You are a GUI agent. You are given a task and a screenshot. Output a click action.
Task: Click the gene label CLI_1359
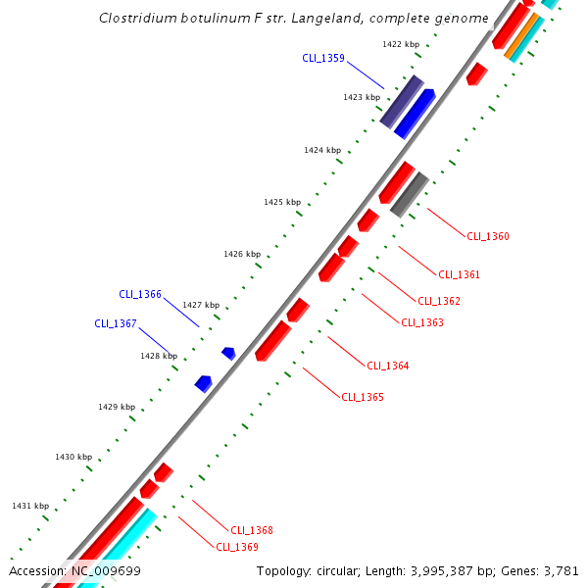click(322, 58)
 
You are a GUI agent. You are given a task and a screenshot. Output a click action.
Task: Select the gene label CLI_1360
click(487, 236)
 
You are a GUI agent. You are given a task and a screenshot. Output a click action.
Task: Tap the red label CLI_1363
click(421, 322)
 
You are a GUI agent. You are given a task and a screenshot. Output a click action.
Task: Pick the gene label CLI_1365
click(362, 397)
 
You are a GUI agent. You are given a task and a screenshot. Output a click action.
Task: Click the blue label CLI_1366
click(140, 294)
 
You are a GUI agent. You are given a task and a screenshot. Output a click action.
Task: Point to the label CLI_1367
click(116, 323)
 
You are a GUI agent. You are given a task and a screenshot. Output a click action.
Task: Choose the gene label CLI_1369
click(236, 547)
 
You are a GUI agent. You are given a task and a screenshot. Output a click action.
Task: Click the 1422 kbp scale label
click(400, 44)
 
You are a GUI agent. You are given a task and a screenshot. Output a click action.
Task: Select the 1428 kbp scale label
click(158, 356)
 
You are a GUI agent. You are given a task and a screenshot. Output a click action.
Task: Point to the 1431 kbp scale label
click(29, 506)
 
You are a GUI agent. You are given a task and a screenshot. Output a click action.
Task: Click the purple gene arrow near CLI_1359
click(401, 101)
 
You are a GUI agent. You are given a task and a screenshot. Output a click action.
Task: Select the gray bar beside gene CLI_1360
click(409, 194)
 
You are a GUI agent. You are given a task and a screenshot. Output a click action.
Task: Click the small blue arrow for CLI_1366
click(228, 353)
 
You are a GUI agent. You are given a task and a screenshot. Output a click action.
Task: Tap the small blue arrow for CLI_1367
click(203, 383)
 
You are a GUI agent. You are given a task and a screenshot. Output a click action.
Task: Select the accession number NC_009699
click(104, 570)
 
